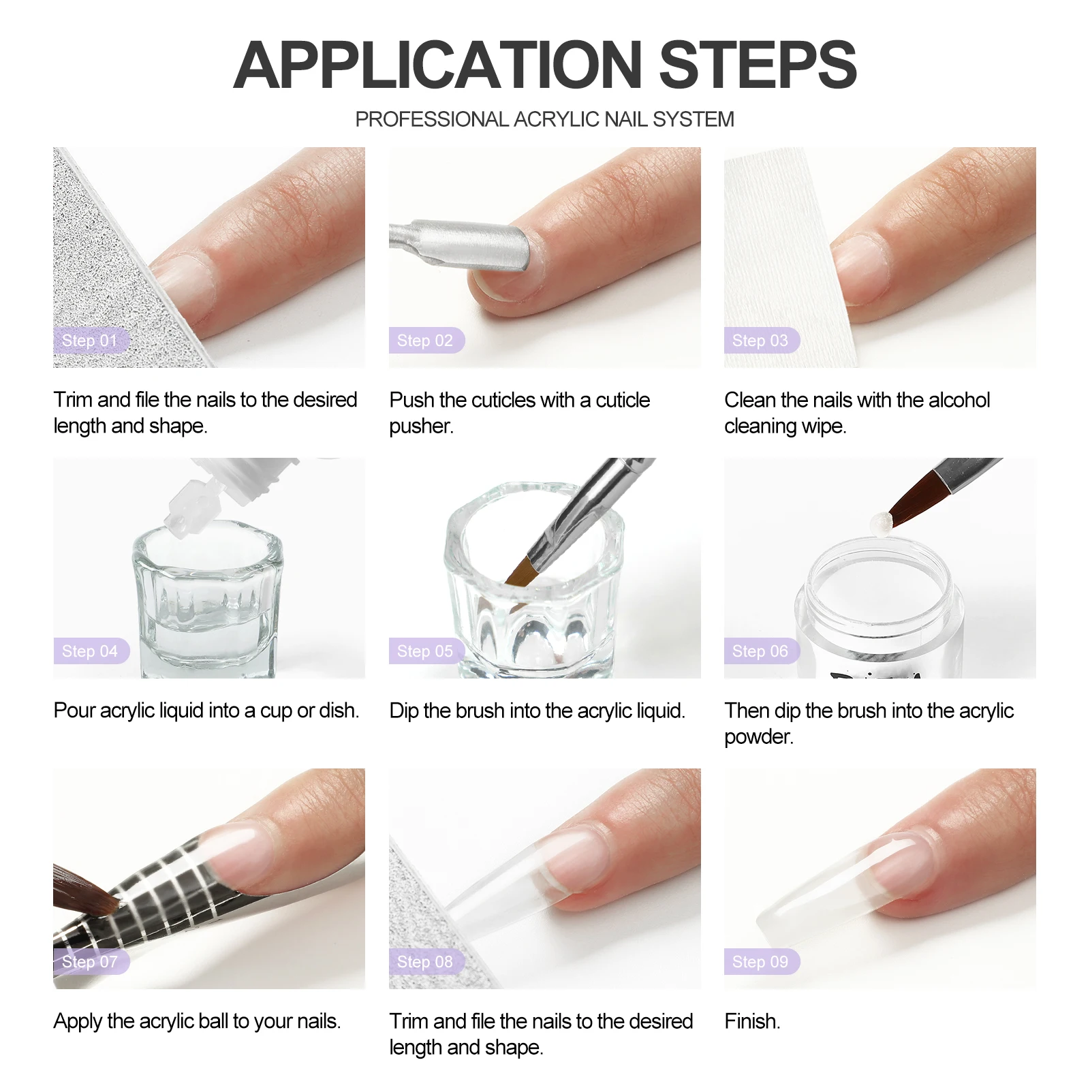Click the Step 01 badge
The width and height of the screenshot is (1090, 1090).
click(91, 341)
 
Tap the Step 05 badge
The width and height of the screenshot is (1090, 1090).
click(426, 651)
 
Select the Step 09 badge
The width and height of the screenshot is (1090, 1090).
click(762, 962)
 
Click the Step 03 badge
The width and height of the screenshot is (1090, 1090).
click(762, 341)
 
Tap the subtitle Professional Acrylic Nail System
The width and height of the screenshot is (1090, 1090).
click(545, 119)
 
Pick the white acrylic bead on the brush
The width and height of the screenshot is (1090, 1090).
click(880, 522)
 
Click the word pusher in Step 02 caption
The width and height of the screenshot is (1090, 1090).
click(421, 427)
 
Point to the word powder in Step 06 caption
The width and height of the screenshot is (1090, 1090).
click(759, 738)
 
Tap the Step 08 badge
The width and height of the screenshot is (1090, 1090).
click(426, 962)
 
